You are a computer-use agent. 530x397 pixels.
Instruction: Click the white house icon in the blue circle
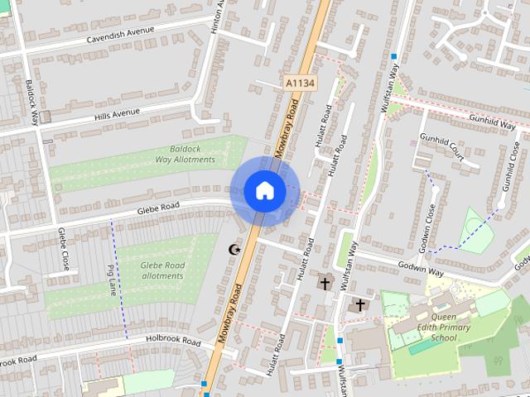(264, 190)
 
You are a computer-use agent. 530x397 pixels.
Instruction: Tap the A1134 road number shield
(300, 83)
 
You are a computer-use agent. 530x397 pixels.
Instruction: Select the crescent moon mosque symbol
(234, 249)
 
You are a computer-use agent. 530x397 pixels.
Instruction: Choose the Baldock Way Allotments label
(185, 154)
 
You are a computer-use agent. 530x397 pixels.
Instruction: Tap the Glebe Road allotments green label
(162, 270)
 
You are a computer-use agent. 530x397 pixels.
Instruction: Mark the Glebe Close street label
(64, 249)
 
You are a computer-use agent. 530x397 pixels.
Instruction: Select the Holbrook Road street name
(173, 340)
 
